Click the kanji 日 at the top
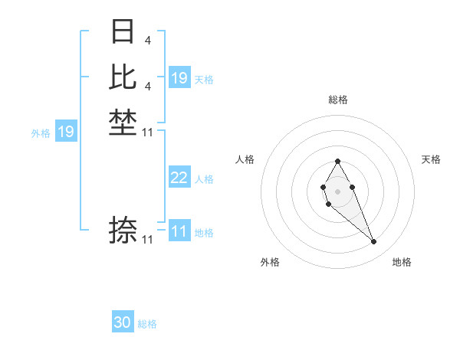(x=123, y=32)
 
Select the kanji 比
(x=123, y=77)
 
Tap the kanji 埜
(x=123, y=123)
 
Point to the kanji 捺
(x=123, y=230)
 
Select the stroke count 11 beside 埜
(x=148, y=133)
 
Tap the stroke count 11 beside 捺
(x=148, y=240)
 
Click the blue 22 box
(x=179, y=178)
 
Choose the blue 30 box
(x=123, y=322)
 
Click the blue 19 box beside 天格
(x=179, y=78)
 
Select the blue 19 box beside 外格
(x=66, y=132)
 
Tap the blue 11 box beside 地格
(x=179, y=231)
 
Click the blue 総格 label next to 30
(x=147, y=324)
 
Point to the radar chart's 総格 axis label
(x=337, y=100)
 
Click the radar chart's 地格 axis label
(x=402, y=262)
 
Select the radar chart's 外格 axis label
(x=270, y=262)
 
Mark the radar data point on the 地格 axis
(x=373, y=242)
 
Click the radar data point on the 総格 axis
(x=337, y=161)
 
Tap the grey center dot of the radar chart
(x=337, y=191)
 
